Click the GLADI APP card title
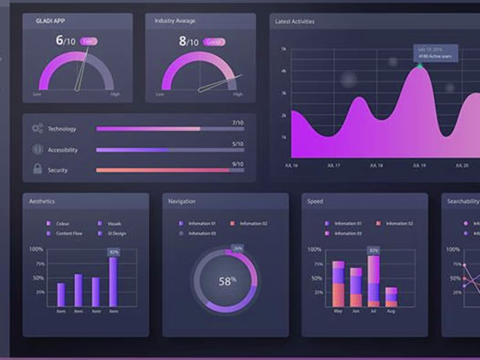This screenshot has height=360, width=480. coord(50,21)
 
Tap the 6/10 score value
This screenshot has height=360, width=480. coord(66,41)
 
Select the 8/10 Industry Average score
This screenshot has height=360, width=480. coord(188,42)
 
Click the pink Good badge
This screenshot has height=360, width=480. coord(214,42)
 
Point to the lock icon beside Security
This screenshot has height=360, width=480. coord(37,168)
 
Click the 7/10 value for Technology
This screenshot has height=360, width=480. coord(238,123)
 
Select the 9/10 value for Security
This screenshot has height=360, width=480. coord(238,164)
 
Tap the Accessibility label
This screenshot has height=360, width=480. coord(63,150)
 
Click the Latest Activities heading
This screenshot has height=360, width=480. coord(295,22)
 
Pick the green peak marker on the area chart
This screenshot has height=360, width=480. coord(420,66)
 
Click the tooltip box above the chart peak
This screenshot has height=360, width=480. coord(436,53)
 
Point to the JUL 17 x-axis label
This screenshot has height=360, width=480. coord(334,166)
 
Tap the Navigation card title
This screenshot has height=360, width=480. coord(181,201)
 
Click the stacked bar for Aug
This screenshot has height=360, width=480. coord(391,297)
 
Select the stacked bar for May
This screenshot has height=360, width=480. coord(338,284)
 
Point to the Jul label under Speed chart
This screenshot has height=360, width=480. coord(373,311)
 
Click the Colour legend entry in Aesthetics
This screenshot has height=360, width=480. coord(62,223)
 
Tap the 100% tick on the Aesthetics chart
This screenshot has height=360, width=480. coord(36,249)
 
